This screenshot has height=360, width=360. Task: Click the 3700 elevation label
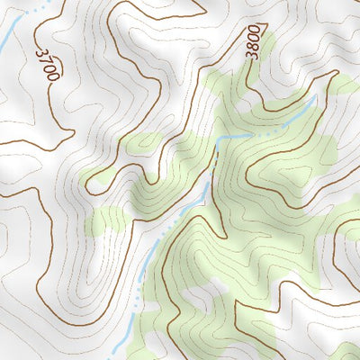47,64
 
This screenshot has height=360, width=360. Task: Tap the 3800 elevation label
255,41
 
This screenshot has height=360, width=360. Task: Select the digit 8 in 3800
255,48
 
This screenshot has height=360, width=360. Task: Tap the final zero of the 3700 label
53,77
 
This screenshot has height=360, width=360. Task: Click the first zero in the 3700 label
49,68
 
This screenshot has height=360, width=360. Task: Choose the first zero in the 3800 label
255,38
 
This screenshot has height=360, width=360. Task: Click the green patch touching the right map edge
345,85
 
